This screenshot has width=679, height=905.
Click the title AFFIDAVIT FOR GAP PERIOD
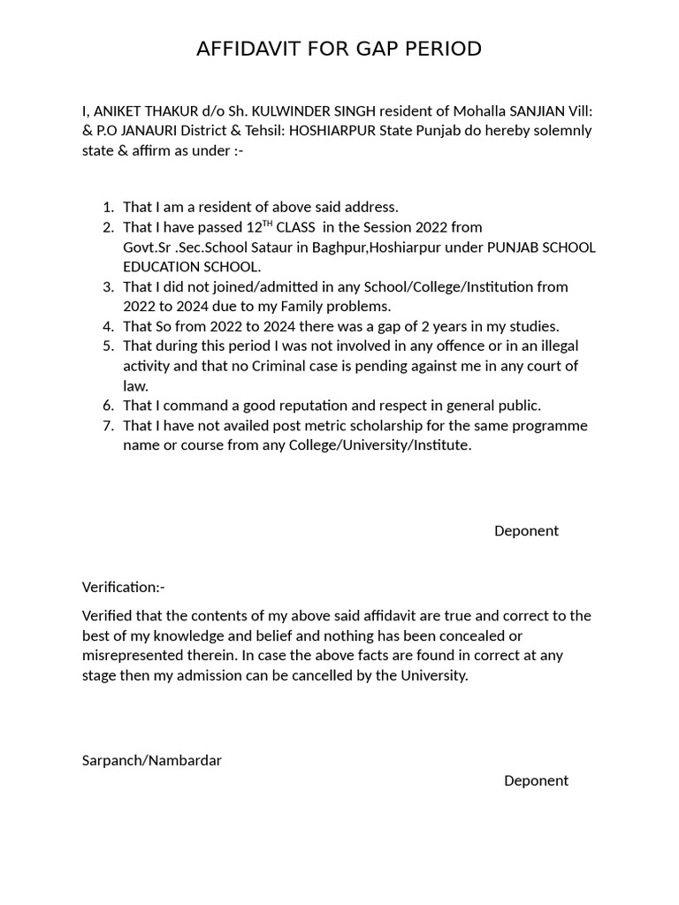coord(339,49)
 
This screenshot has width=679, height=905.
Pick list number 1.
coord(108,208)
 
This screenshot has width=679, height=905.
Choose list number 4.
coord(108,326)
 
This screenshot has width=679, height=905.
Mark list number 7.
coord(108,426)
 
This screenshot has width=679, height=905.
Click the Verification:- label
coord(124,587)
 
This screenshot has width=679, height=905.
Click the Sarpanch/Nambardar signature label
coord(152,760)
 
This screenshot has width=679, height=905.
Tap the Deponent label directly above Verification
coord(526,531)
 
